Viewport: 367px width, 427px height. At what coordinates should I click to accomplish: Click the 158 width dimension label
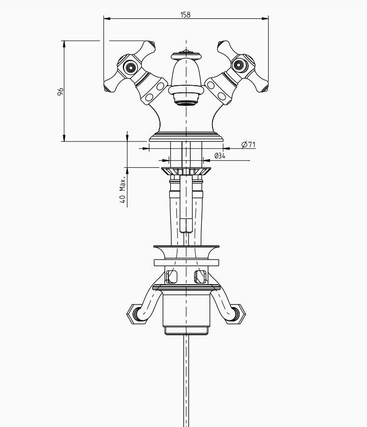(x=185, y=14)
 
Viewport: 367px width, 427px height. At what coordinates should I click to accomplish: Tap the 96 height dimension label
(x=60, y=91)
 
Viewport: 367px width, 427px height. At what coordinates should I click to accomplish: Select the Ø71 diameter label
(x=248, y=144)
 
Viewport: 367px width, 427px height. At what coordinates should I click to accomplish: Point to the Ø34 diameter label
(x=220, y=156)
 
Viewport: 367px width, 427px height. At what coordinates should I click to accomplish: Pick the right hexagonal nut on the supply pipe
(x=236, y=314)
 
